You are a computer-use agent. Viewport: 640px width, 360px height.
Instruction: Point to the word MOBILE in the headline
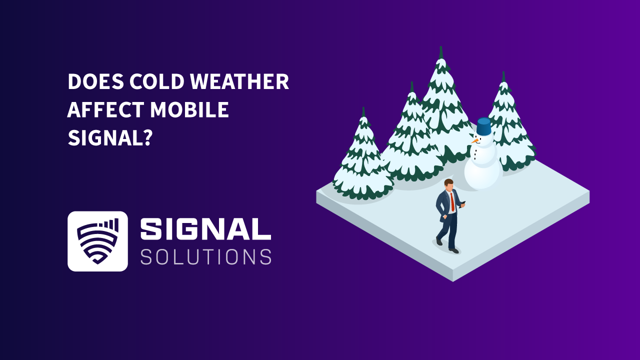click(x=190, y=110)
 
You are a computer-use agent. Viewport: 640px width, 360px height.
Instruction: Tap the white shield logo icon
click(x=97, y=241)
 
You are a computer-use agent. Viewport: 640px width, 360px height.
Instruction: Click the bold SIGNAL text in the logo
click(x=205, y=229)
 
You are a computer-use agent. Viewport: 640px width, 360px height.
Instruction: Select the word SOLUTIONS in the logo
click(x=205, y=256)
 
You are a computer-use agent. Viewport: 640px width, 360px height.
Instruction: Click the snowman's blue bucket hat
click(x=483, y=126)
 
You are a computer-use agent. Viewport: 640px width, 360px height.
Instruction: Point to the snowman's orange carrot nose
click(x=474, y=141)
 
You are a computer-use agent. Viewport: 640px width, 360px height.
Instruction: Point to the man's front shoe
click(x=454, y=250)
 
